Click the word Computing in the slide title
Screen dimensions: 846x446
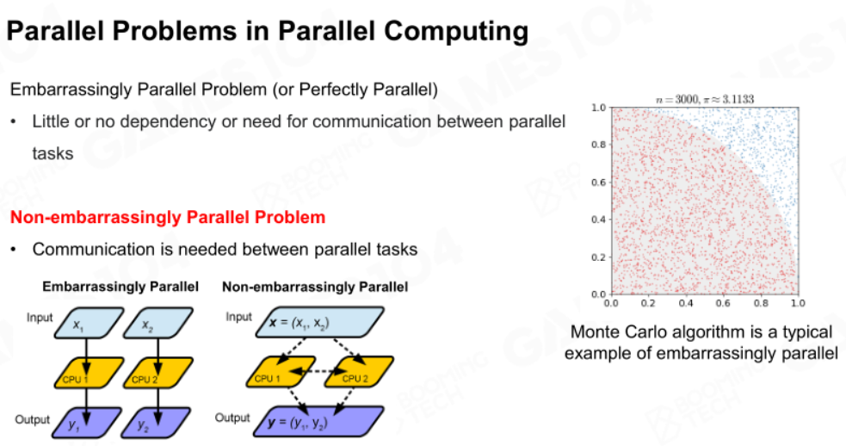456,31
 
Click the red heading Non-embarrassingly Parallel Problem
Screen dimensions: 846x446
168,217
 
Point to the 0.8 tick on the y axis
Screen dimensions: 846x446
598,145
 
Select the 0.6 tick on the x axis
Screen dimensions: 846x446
723,303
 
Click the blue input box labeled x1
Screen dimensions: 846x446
89,323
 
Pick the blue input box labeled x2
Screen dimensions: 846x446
158,323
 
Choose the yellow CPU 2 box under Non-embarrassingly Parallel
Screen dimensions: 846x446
358,372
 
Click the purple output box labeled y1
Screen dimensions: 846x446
87,423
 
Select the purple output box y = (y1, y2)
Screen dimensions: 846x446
319,422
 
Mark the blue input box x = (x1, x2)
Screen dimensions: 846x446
319,322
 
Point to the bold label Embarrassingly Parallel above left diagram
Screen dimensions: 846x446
120,287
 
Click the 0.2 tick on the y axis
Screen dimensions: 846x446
598,257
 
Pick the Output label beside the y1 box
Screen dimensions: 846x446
33,419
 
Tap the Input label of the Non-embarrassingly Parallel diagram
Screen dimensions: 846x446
239,317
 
